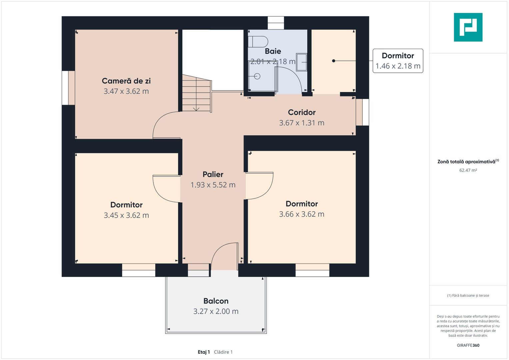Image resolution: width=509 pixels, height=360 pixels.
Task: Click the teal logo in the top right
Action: coord(468,27)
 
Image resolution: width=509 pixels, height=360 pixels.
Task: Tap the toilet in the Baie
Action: coord(258,42)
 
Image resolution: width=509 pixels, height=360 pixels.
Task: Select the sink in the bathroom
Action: coord(302,62)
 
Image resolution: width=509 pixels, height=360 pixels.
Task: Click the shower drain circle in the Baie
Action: coord(257,76)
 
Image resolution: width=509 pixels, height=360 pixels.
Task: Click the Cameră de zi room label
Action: coord(126,81)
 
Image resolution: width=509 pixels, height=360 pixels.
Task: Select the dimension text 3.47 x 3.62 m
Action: coord(126,91)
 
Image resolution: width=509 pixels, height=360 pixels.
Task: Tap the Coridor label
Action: coord(302,112)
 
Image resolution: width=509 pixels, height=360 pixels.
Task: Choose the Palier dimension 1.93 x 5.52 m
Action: coord(213,185)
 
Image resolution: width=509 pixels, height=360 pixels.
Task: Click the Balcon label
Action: coord(216,301)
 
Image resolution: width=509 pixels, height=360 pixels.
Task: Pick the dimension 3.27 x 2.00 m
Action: coord(216,311)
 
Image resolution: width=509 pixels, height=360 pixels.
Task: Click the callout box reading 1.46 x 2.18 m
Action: coord(398,61)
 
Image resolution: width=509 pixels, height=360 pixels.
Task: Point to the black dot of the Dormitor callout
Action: coord(334,61)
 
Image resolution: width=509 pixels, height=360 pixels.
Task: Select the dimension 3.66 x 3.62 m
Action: coord(302,214)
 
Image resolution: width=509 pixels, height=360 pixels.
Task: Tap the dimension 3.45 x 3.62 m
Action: coord(126,215)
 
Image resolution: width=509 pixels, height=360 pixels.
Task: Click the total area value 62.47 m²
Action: coord(468,170)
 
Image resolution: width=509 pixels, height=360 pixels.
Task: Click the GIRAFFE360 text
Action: coord(468,345)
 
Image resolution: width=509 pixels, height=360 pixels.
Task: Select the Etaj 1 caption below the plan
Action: coord(204,352)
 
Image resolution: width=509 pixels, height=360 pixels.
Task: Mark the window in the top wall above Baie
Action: coord(276,23)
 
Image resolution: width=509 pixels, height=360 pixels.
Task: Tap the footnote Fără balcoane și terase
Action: coord(468,295)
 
